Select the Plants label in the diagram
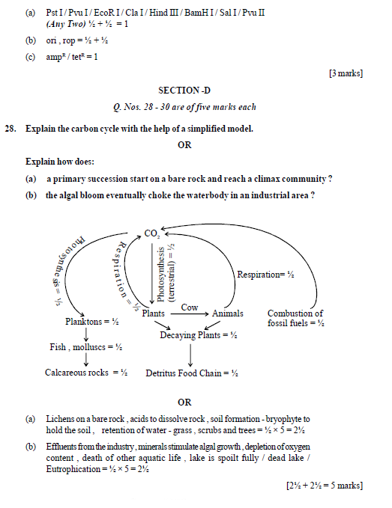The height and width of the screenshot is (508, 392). click(x=154, y=313)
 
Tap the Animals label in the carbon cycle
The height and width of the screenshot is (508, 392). click(x=228, y=313)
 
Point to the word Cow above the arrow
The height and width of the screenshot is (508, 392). click(x=190, y=307)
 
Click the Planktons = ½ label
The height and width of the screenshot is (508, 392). click(x=92, y=322)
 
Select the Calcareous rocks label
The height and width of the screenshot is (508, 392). click(x=86, y=372)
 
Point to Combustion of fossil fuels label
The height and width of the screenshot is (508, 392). click(x=295, y=318)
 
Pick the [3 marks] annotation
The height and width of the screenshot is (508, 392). click(x=346, y=73)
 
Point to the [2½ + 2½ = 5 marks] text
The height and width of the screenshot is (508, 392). click(x=324, y=486)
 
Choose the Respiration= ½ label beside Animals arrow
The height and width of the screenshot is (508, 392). click(x=265, y=275)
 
